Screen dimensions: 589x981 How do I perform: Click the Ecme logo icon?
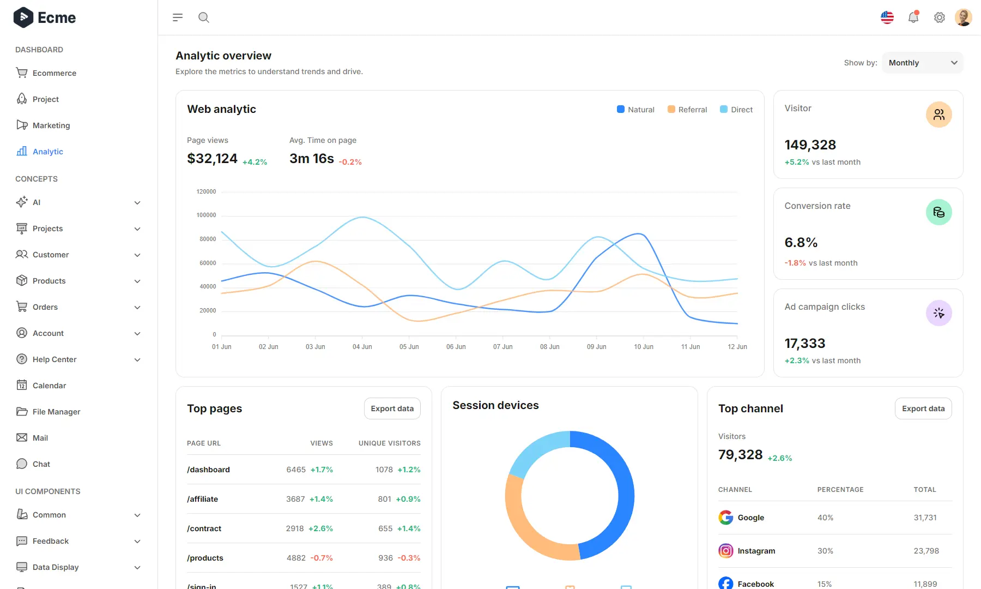coord(23,17)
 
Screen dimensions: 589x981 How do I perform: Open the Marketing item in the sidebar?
coord(51,125)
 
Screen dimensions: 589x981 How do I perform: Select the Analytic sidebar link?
coord(47,152)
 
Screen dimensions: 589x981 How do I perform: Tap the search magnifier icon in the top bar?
coord(204,17)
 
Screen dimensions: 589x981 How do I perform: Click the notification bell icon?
coord(913,17)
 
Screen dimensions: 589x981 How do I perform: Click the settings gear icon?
coord(940,17)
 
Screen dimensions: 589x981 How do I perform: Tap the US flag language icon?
coord(887,17)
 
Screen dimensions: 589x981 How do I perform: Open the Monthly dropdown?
coord(922,63)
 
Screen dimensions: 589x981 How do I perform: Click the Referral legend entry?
coord(687,110)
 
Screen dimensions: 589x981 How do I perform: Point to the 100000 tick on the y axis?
coord(206,215)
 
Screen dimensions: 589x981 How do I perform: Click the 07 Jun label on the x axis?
coord(502,347)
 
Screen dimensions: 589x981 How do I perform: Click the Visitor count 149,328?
coord(810,145)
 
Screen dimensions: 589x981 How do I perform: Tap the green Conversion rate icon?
coord(938,212)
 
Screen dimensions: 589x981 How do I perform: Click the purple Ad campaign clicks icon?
coord(938,313)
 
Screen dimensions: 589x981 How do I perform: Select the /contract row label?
coord(204,528)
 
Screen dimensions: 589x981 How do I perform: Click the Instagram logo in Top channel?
coord(725,551)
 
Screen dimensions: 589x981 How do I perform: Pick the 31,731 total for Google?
coord(925,518)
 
